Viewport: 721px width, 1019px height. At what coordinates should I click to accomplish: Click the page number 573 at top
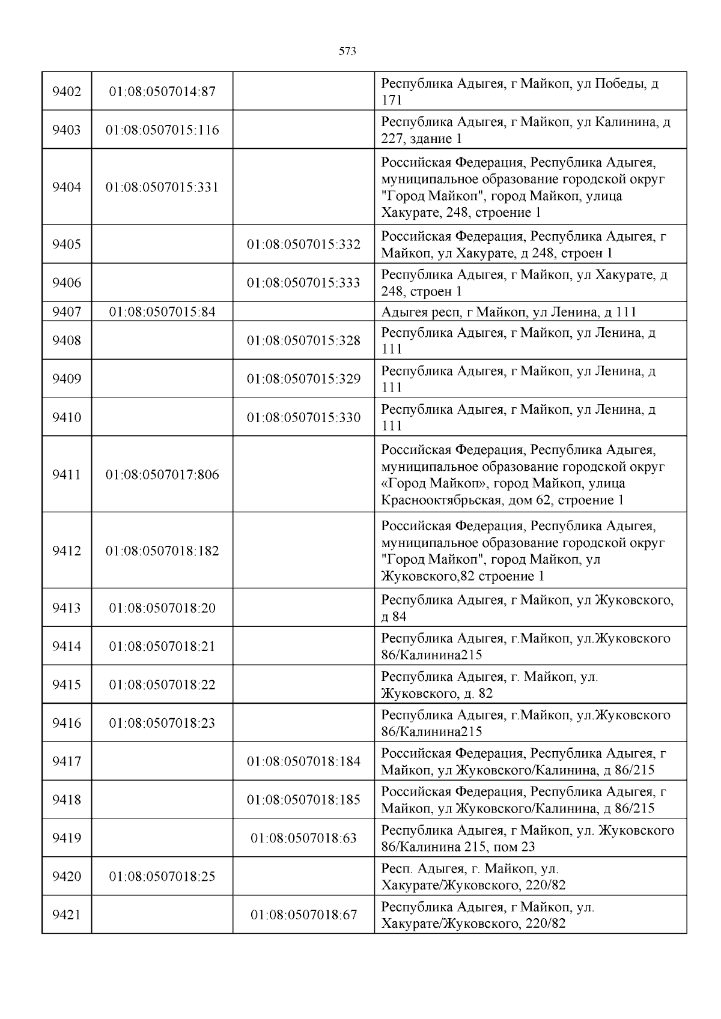click(x=347, y=52)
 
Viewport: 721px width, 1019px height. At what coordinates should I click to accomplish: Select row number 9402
click(x=67, y=92)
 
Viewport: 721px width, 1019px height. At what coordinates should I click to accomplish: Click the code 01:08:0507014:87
click(x=162, y=92)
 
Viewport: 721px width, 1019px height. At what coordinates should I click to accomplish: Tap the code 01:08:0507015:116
click(x=162, y=130)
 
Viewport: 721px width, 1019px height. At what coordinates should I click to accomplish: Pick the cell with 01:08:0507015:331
click(x=162, y=187)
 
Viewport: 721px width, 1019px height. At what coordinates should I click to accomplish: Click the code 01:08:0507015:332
click(x=303, y=245)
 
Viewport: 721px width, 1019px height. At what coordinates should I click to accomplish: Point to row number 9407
click(x=67, y=312)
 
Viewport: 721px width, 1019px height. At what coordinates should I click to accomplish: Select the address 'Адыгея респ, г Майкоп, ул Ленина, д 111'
click(x=508, y=312)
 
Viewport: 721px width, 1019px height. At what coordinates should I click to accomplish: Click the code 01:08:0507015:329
click(x=303, y=379)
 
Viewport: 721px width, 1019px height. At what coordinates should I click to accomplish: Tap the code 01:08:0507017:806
click(x=162, y=475)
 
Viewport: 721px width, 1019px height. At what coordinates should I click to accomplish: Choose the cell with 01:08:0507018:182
click(x=162, y=551)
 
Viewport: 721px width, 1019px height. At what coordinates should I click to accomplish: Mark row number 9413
click(x=67, y=608)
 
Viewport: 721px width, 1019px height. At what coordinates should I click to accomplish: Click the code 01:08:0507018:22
click(x=162, y=685)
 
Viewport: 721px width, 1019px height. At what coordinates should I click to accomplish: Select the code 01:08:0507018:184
click(x=303, y=762)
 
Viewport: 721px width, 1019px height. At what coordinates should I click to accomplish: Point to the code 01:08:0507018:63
click(x=303, y=838)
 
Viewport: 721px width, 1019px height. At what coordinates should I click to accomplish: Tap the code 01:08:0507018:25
click(x=162, y=877)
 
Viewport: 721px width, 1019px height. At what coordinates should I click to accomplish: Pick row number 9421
click(x=67, y=915)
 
